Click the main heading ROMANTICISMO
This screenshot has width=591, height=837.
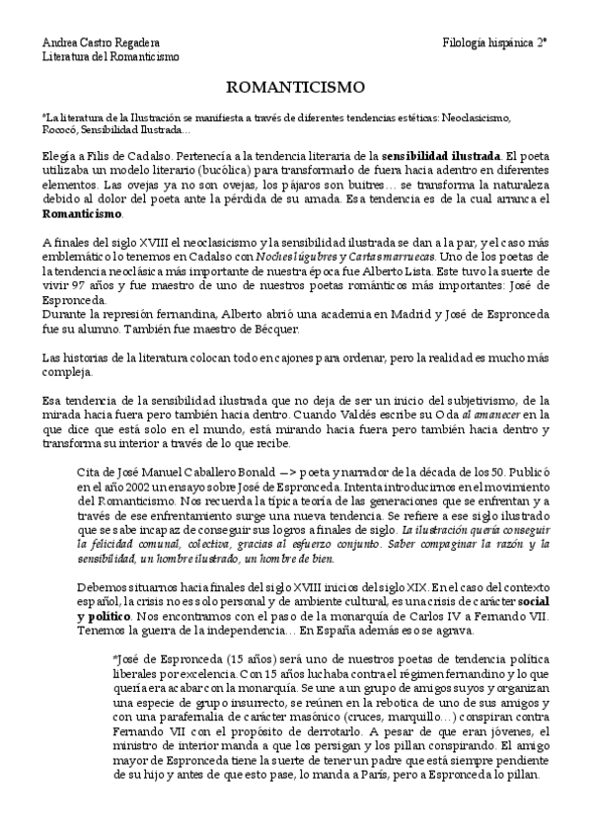(295, 87)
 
